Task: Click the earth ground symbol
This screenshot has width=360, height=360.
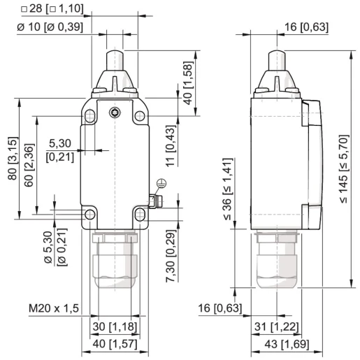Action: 161,184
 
